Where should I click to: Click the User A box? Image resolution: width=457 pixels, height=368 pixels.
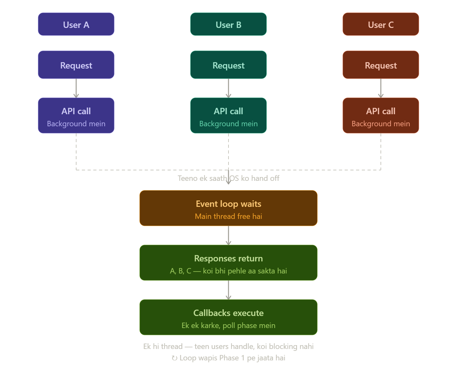(x=76, y=24)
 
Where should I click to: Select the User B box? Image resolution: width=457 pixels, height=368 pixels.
(x=228, y=24)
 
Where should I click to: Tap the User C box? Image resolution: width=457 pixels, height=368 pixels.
(x=381, y=24)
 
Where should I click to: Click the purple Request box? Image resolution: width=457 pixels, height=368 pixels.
(x=76, y=65)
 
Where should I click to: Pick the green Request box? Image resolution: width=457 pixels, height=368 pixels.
(x=228, y=65)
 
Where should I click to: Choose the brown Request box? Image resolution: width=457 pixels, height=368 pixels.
(x=381, y=65)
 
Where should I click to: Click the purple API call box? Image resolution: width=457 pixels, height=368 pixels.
(x=76, y=115)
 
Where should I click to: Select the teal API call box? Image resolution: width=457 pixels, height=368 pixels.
(x=228, y=115)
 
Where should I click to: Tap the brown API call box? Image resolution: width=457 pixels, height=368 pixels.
(x=381, y=115)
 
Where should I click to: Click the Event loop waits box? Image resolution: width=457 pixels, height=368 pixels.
(x=228, y=208)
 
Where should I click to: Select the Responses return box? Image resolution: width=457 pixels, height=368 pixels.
(x=228, y=263)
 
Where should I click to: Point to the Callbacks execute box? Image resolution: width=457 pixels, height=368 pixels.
(x=228, y=317)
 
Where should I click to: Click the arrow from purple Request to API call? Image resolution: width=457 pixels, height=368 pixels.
(x=76, y=88)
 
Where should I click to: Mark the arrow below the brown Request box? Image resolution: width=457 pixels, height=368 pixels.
(x=381, y=88)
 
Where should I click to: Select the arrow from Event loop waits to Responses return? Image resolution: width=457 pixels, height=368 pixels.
(x=228, y=235)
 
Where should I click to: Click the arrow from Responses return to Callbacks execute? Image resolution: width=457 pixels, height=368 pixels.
(x=228, y=290)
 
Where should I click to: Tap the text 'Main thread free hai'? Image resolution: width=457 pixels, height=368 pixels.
(x=228, y=216)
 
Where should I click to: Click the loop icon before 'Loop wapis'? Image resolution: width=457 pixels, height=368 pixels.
(x=174, y=358)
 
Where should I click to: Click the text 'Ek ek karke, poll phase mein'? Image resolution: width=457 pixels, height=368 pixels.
(x=228, y=325)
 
